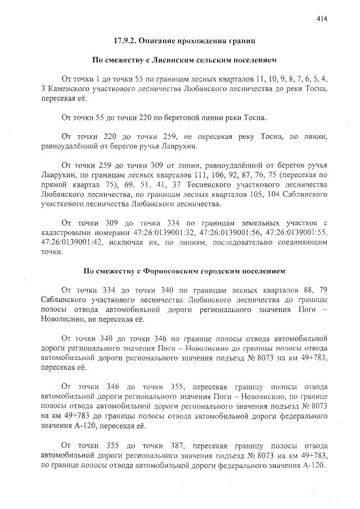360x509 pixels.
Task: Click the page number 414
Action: pos(322,19)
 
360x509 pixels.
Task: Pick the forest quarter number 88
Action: pos(305,290)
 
